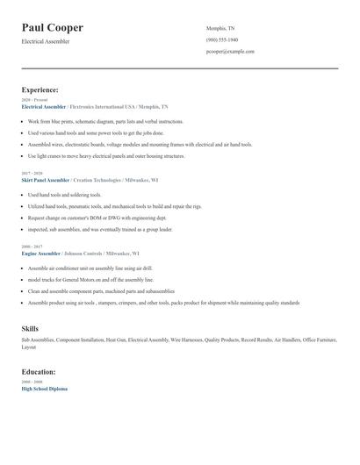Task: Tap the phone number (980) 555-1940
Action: click(x=222, y=39)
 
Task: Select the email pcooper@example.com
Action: click(x=230, y=52)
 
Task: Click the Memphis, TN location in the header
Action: click(x=220, y=28)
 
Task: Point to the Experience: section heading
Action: click(x=40, y=89)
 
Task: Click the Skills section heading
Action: click(x=30, y=328)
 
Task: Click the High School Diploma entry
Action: click(x=44, y=389)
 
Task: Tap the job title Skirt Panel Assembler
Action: click(x=51, y=179)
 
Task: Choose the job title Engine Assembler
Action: click(x=40, y=253)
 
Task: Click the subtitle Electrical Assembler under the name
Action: click(x=46, y=41)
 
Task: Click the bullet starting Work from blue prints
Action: click(x=105, y=122)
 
